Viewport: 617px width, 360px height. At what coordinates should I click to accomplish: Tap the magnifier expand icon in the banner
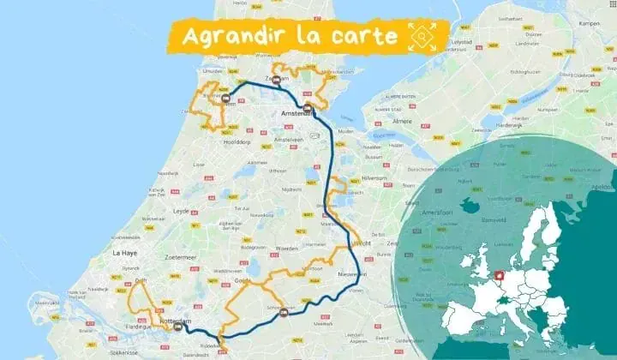(422, 36)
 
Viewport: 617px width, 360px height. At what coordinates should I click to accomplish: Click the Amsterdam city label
(299, 114)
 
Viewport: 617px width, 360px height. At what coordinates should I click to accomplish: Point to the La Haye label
(125, 254)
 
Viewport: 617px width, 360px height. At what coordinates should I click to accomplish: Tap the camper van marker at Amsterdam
(308, 108)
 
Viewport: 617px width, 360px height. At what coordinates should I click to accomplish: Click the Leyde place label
(181, 210)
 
